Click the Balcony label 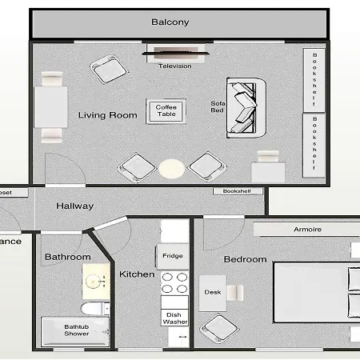170,22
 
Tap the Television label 175,66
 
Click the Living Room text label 107,115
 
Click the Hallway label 74,206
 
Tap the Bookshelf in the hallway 237,191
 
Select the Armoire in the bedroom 306,229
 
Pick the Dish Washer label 174,318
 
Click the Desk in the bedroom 213,293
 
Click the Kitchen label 137,274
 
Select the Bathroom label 66,257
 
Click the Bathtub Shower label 77,330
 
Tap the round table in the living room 171,169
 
